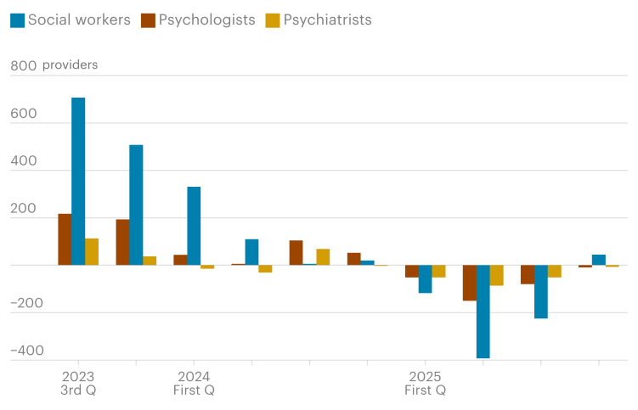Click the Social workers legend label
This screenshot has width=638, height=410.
pos(78,20)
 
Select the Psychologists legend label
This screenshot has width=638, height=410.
pos(206,20)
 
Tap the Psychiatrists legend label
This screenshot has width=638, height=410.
pos(328,20)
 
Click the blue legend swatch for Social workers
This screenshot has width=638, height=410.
pos(16,20)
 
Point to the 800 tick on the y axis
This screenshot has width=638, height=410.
pos(22,65)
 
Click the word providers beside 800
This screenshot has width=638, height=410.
pos(70,65)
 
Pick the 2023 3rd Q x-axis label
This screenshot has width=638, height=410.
pos(78,383)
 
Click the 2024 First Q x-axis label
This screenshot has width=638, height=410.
pos(194,383)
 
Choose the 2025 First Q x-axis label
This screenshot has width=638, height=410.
pos(425,383)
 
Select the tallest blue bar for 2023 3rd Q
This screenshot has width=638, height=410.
pos(78,181)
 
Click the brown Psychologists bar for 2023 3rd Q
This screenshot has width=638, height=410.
pos(65,239)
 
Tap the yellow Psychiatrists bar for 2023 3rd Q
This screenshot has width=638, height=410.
pos(92,251)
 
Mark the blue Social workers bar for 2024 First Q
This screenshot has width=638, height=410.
pos(194,226)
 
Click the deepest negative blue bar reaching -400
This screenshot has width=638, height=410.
pos(483,312)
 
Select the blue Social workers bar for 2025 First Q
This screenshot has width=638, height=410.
pos(425,279)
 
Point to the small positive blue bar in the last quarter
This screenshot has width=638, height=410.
pos(598,260)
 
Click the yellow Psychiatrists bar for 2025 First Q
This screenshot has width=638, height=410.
pos(438,271)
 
